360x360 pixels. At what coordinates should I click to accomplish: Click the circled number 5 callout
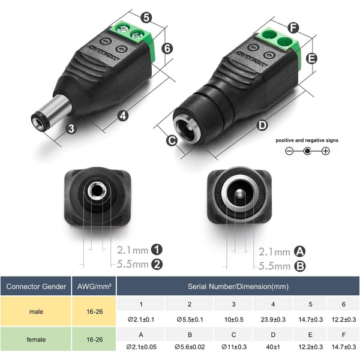(x=147, y=18)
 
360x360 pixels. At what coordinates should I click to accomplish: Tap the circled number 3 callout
(x=71, y=127)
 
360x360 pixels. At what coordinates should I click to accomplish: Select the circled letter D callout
(x=262, y=125)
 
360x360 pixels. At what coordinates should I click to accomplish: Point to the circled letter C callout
(x=171, y=141)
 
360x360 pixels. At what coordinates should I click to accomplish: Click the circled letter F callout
(x=293, y=28)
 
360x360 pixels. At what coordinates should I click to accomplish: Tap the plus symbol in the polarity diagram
(x=326, y=151)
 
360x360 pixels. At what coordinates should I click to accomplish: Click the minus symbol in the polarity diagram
(x=289, y=151)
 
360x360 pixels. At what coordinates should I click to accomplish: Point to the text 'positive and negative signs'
(x=307, y=140)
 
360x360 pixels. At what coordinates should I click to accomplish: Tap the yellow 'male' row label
(x=35, y=311)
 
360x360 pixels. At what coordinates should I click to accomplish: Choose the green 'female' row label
(x=35, y=340)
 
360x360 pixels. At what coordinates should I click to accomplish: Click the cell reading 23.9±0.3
(x=273, y=319)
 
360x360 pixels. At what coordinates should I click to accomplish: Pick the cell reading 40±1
(x=273, y=347)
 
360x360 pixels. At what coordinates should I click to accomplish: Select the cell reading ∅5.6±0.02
(x=190, y=347)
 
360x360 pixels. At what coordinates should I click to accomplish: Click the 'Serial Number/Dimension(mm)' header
(x=238, y=286)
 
